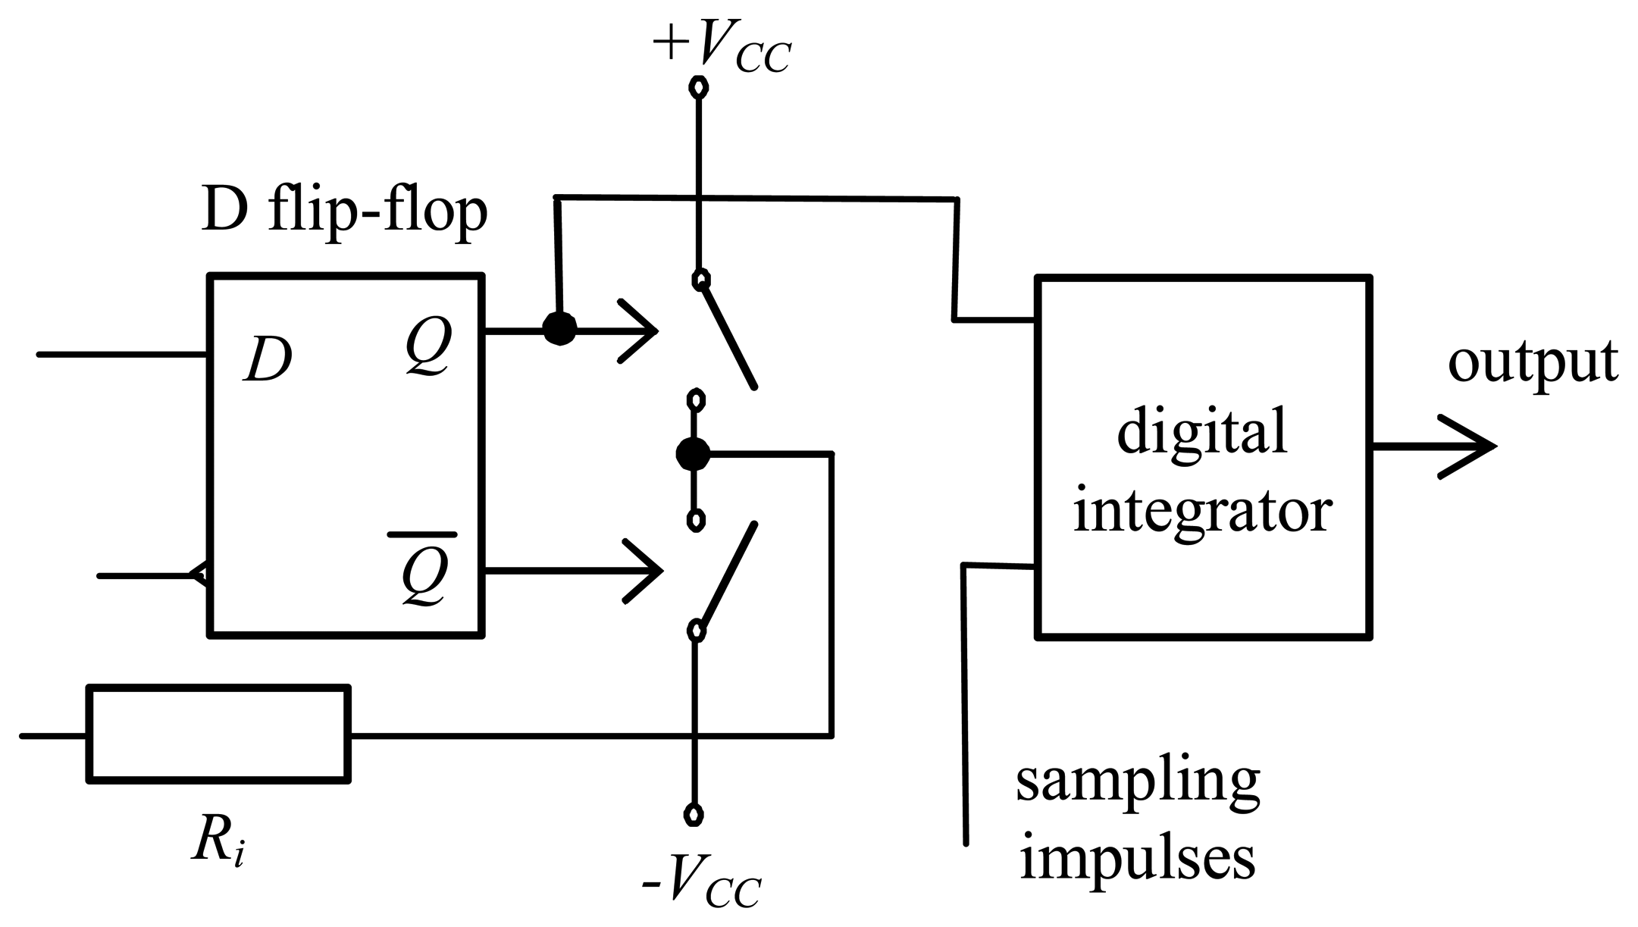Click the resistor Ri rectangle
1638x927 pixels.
219,733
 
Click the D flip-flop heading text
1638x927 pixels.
345,212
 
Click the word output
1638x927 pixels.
1532,362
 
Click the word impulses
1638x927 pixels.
1138,858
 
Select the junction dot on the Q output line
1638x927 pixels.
559,329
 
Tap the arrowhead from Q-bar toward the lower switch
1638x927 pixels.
648,570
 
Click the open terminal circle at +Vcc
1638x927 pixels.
698,87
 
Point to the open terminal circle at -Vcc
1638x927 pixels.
693,814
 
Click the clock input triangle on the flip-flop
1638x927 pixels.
201,576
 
